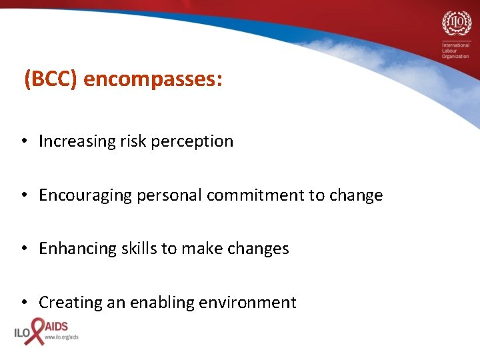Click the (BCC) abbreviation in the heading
tap(51, 79)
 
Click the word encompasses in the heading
tap(153, 80)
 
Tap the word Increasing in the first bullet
tap(77, 141)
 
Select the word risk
tap(131, 141)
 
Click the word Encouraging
tap(86, 196)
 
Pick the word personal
tap(170, 196)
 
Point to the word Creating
tap(69, 303)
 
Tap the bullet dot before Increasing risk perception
tap(23, 141)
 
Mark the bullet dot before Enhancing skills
tap(23, 249)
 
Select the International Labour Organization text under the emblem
tap(455, 51)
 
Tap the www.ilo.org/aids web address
tap(61, 337)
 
